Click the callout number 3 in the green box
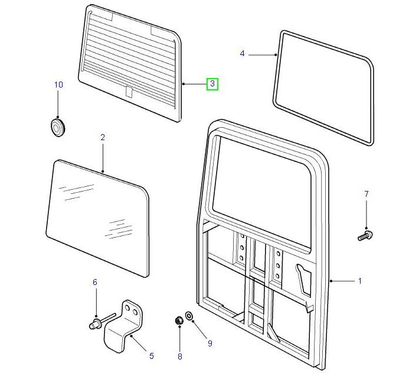(x=212, y=84)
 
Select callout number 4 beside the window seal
(x=242, y=54)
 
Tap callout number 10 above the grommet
(x=58, y=85)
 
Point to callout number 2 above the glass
(x=102, y=137)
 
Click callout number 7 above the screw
(x=366, y=194)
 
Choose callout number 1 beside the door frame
(x=359, y=281)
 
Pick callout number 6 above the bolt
(x=94, y=283)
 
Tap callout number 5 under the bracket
(x=151, y=356)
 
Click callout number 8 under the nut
(x=180, y=356)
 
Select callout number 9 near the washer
(x=209, y=343)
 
